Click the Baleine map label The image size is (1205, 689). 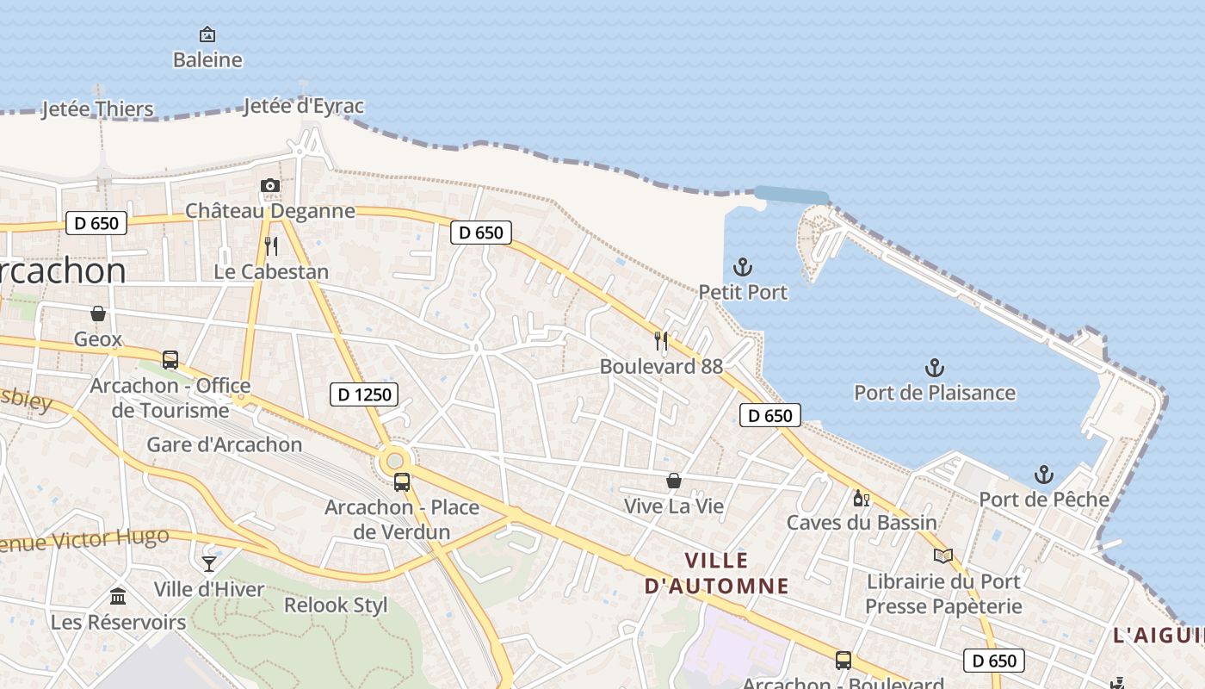click(x=207, y=59)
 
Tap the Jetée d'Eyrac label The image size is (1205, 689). click(x=304, y=106)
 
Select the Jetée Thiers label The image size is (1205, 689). click(x=98, y=109)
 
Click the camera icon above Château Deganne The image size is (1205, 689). click(x=270, y=185)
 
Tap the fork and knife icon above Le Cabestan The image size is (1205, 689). click(x=271, y=246)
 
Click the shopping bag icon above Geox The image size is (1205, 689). click(x=98, y=313)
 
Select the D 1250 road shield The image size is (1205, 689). click(x=364, y=394)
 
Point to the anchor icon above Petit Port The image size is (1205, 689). click(x=743, y=267)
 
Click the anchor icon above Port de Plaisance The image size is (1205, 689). click(x=935, y=368)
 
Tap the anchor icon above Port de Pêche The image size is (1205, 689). click(x=1043, y=474)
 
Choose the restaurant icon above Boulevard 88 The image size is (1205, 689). click(x=661, y=340)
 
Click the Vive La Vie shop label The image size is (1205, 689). click(x=674, y=506)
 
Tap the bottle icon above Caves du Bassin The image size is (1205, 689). click(x=861, y=498)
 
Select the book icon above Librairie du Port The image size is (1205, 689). click(x=943, y=556)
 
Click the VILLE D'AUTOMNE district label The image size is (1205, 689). click(x=717, y=574)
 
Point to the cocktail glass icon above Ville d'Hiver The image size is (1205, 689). click(x=209, y=564)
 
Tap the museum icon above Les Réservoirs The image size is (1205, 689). click(x=118, y=596)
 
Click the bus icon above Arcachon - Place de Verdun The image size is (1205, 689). click(x=401, y=481)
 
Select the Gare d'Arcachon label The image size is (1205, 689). click(x=225, y=444)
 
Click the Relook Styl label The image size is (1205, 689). click(x=336, y=605)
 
